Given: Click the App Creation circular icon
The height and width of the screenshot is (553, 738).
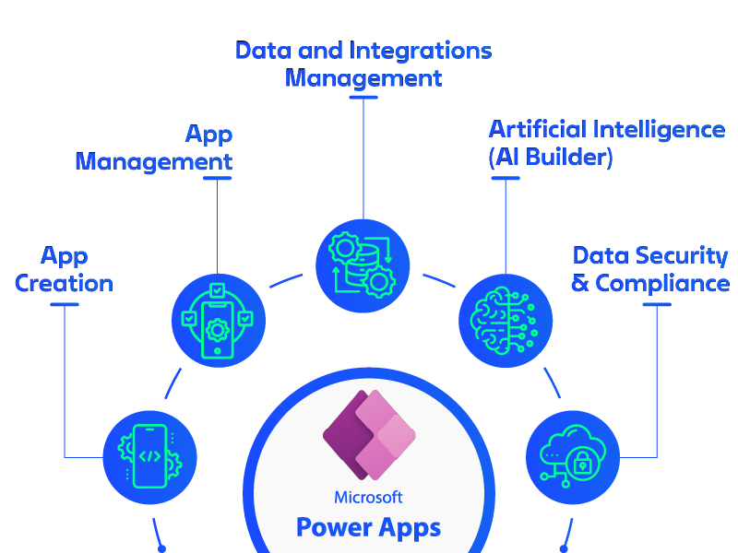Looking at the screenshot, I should click(x=150, y=456).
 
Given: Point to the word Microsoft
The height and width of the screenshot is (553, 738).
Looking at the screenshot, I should click(x=369, y=498).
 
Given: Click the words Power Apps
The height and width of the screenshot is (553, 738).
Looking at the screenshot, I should click(x=369, y=528).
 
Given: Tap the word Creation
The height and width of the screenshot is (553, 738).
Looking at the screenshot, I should click(x=65, y=283).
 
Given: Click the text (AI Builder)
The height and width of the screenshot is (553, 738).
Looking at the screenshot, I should click(x=551, y=157).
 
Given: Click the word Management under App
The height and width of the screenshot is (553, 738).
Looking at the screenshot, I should click(x=154, y=162).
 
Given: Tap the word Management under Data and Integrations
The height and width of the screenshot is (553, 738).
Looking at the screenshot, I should click(x=363, y=78).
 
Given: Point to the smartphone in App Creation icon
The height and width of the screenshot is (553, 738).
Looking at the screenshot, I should click(x=150, y=456).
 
